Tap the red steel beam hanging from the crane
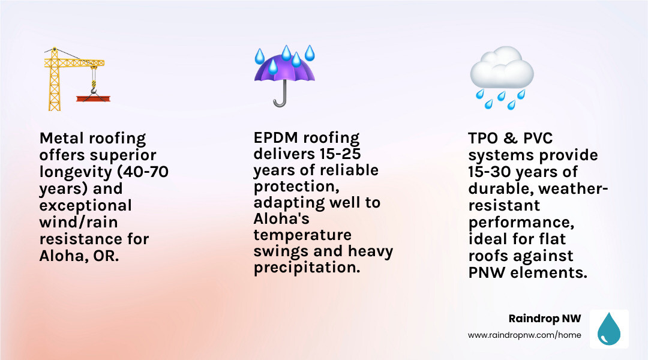(94, 98)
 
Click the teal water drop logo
(609, 329)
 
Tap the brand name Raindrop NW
(544, 319)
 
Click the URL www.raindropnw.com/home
(524, 335)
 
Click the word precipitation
(307, 267)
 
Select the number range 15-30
(496, 172)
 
